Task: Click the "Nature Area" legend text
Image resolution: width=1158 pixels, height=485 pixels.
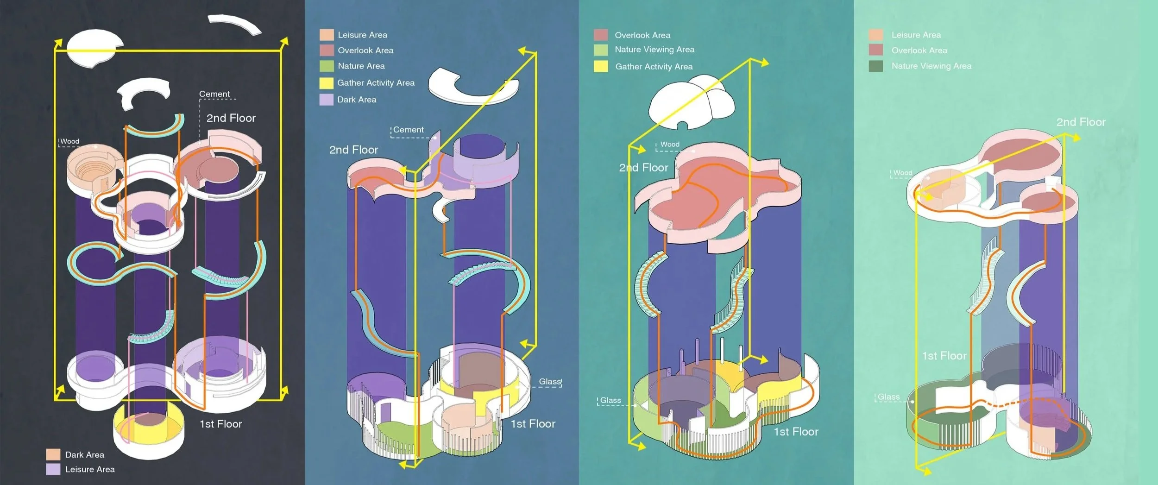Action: pyautogui.click(x=361, y=66)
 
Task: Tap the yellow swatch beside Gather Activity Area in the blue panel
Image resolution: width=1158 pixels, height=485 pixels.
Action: pyautogui.click(x=327, y=83)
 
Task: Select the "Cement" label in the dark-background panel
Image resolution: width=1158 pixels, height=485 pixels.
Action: pyautogui.click(x=214, y=94)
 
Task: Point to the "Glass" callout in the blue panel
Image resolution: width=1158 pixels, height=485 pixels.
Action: pyautogui.click(x=550, y=382)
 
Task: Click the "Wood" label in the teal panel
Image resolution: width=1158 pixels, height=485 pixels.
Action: pyautogui.click(x=670, y=145)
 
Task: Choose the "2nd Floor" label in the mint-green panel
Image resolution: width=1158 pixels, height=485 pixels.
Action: pyautogui.click(x=1081, y=122)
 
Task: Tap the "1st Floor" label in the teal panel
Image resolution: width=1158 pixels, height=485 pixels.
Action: pyautogui.click(x=796, y=432)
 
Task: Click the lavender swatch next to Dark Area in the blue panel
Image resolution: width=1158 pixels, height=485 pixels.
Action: pyautogui.click(x=327, y=100)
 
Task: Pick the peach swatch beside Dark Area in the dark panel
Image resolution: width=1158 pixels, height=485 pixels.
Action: pyautogui.click(x=53, y=454)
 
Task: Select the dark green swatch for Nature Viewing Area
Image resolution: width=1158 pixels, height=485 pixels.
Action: pyautogui.click(x=876, y=66)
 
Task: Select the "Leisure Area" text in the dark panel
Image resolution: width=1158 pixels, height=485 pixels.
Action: pyautogui.click(x=90, y=470)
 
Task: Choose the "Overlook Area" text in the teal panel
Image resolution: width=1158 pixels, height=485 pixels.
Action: pyautogui.click(x=642, y=35)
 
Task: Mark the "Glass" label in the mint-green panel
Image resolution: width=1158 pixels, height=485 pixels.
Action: pyautogui.click(x=888, y=397)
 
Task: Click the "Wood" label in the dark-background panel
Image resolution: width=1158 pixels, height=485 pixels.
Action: pyautogui.click(x=70, y=141)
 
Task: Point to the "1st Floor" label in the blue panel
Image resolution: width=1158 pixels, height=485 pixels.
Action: pyautogui.click(x=533, y=424)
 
